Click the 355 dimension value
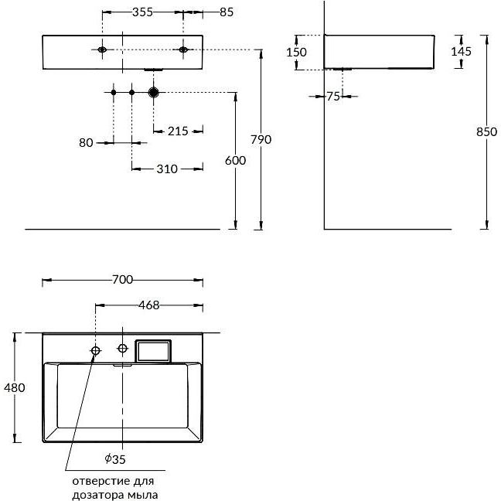(x=142, y=12)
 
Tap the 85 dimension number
(x=227, y=12)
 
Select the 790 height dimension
(x=261, y=139)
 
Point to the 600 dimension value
(x=236, y=160)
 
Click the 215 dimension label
(x=178, y=131)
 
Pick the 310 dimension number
(x=167, y=169)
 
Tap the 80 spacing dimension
(x=86, y=143)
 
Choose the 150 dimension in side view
(x=296, y=52)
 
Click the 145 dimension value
(x=461, y=51)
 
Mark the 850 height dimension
(x=486, y=131)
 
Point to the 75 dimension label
(x=333, y=96)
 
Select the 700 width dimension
(x=123, y=280)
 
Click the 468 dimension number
(x=149, y=305)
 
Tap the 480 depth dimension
(x=15, y=387)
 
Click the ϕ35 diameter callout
(x=115, y=459)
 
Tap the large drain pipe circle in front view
(x=154, y=92)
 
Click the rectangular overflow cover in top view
(x=153, y=351)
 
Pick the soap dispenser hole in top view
(x=96, y=350)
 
